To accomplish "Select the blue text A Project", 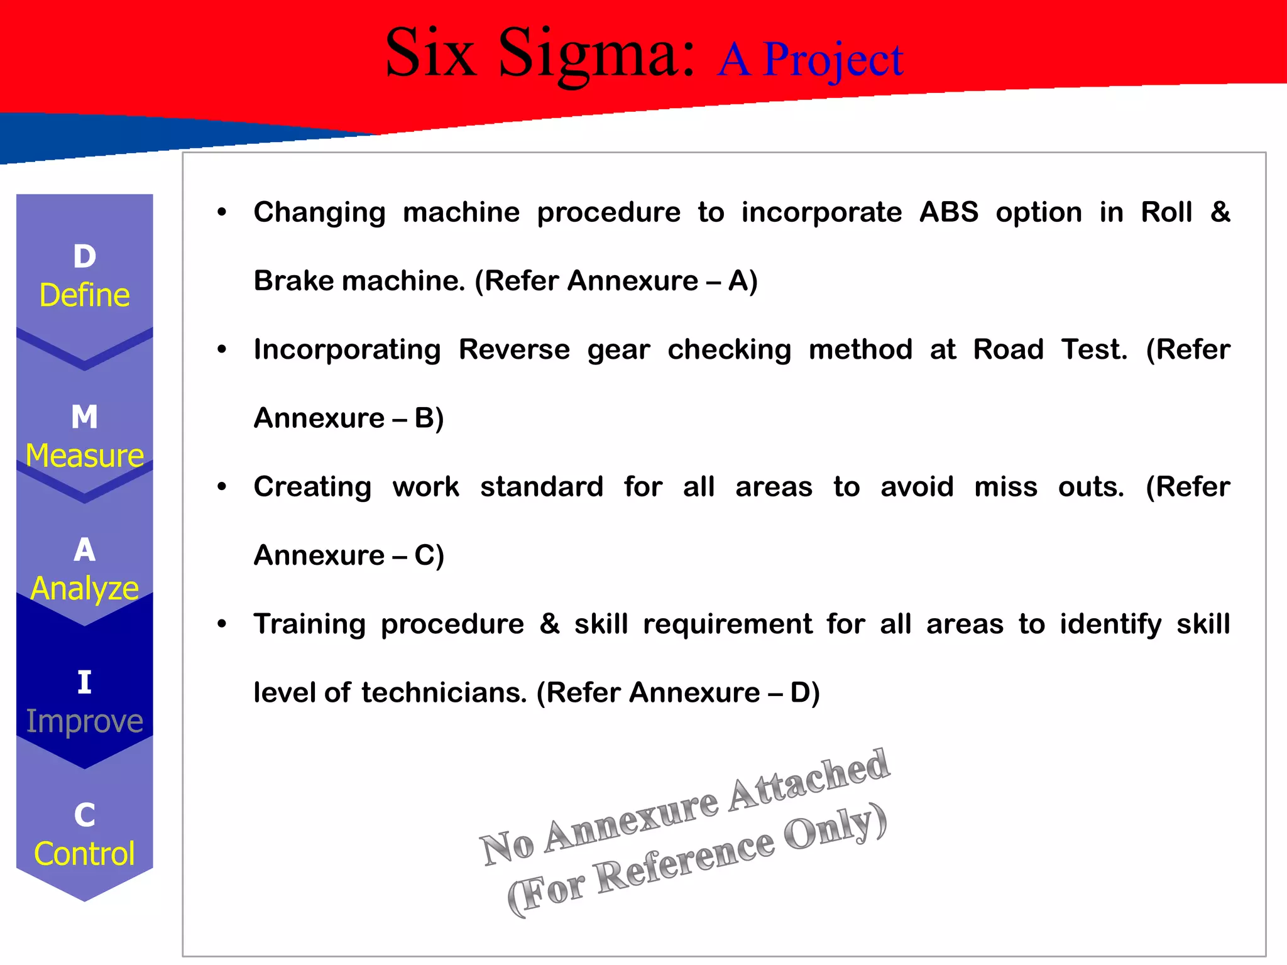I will point(809,60).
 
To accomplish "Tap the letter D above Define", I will point(85,257).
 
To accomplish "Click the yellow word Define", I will point(85,295).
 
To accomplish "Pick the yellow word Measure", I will point(85,455).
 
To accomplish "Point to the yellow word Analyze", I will point(85,589).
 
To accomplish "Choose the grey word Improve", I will point(85,721).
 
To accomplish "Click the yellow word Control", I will point(85,854).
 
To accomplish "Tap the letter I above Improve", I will point(85,683).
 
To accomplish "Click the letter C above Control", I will point(85,815).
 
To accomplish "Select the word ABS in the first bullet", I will point(948,212).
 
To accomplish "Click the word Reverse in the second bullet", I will point(514,349).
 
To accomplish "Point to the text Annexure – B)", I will point(349,418).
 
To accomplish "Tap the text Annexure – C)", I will point(349,555).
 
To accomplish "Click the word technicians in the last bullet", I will point(444,693).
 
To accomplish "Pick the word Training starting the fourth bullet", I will point(309,624).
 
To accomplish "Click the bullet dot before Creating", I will point(222,487).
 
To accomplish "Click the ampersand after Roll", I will point(1220,212).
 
